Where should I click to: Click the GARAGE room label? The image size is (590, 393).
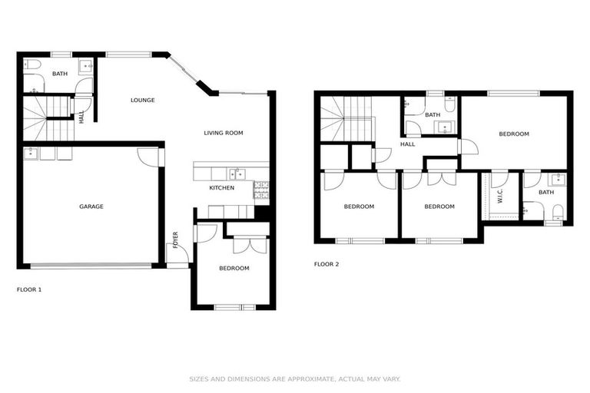pyautogui.click(x=91, y=206)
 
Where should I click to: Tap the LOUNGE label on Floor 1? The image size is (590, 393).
pyautogui.click(x=143, y=100)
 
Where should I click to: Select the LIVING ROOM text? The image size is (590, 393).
pyautogui.click(x=223, y=133)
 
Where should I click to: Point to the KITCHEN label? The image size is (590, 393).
pyautogui.click(x=222, y=187)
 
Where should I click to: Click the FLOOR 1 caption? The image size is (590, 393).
pyautogui.click(x=29, y=289)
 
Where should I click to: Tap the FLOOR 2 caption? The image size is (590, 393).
pyautogui.click(x=326, y=264)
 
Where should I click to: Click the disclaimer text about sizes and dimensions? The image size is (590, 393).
pyautogui.click(x=295, y=378)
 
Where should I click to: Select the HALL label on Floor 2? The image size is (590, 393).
pyautogui.click(x=407, y=144)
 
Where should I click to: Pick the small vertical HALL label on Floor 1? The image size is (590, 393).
pyautogui.click(x=82, y=117)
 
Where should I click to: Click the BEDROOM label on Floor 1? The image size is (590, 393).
pyautogui.click(x=234, y=268)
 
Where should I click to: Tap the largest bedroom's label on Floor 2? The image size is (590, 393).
pyautogui.click(x=514, y=134)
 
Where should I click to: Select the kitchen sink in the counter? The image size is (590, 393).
pyautogui.click(x=237, y=174)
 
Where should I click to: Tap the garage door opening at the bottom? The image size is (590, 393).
pyautogui.click(x=91, y=266)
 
